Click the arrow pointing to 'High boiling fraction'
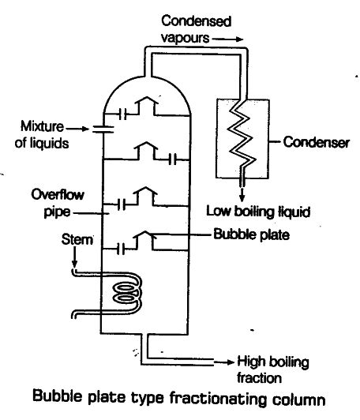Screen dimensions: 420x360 (x=223, y=362)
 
